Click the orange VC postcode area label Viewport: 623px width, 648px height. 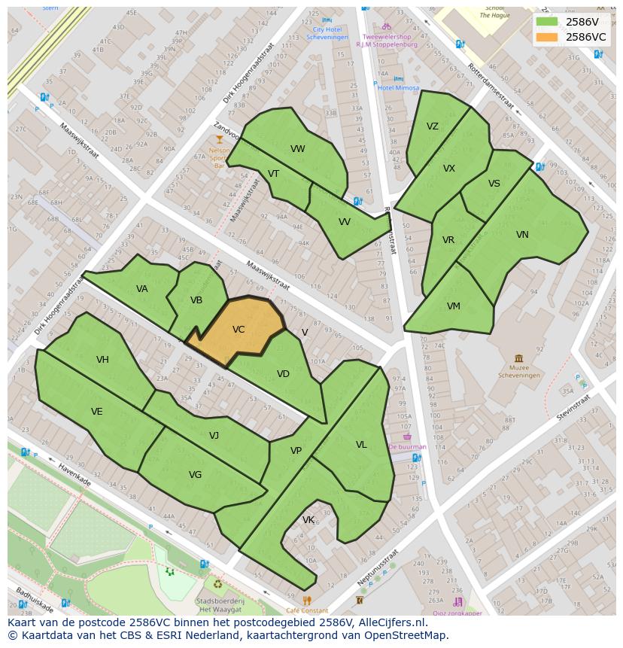point(239,330)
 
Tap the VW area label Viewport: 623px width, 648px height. point(298,149)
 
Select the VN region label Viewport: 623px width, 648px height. point(522,235)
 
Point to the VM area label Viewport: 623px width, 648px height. point(453,306)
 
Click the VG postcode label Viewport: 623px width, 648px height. point(195,475)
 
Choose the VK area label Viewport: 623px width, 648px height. point(308,520)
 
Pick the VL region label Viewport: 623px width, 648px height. point(361,445)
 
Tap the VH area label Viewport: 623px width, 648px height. point(102,360)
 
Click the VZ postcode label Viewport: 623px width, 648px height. point(432,126)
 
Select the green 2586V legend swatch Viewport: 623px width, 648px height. point(547,22)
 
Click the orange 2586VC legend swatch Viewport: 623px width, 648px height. point(547,37)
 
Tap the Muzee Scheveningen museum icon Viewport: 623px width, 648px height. point(518,358)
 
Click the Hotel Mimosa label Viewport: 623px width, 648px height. point(399,88)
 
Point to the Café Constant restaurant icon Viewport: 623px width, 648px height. point(307,601)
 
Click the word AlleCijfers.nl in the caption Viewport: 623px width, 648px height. point(393,622)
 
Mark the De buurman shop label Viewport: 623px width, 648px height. point(408,446)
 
